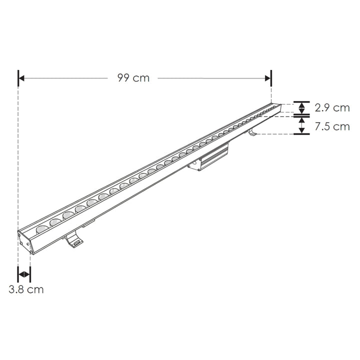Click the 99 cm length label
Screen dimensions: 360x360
[133, 78]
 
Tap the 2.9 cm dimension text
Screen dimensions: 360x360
[332, 108]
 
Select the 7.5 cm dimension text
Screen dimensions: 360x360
[332, 126]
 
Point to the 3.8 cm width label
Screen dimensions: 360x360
[26, 289]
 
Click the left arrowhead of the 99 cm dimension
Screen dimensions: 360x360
[23, 78]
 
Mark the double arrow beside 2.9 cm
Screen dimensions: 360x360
[301, 108]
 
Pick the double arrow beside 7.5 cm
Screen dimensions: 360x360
[301, 125]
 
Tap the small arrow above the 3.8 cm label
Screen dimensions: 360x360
[24, 274]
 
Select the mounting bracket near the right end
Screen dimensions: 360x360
[252, 132]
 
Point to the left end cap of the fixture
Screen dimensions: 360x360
[25, 241]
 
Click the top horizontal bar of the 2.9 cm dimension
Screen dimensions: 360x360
[301, 101]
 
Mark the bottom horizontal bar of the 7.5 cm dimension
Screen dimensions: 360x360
[301, 134]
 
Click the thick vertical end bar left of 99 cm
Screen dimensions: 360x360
[18, 78]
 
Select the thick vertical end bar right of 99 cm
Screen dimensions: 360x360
[271, 78]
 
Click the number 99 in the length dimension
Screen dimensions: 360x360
[124, 78]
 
